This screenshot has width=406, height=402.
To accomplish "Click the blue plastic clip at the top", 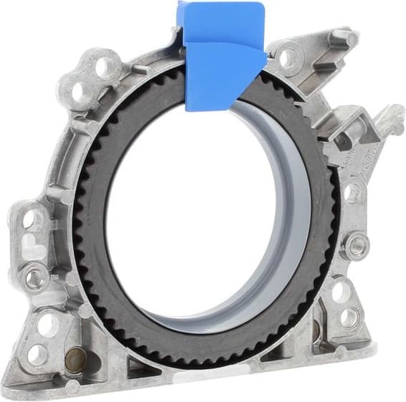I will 223,54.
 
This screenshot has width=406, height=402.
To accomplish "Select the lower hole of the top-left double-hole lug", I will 77,92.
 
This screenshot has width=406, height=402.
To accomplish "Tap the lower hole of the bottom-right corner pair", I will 349,316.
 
